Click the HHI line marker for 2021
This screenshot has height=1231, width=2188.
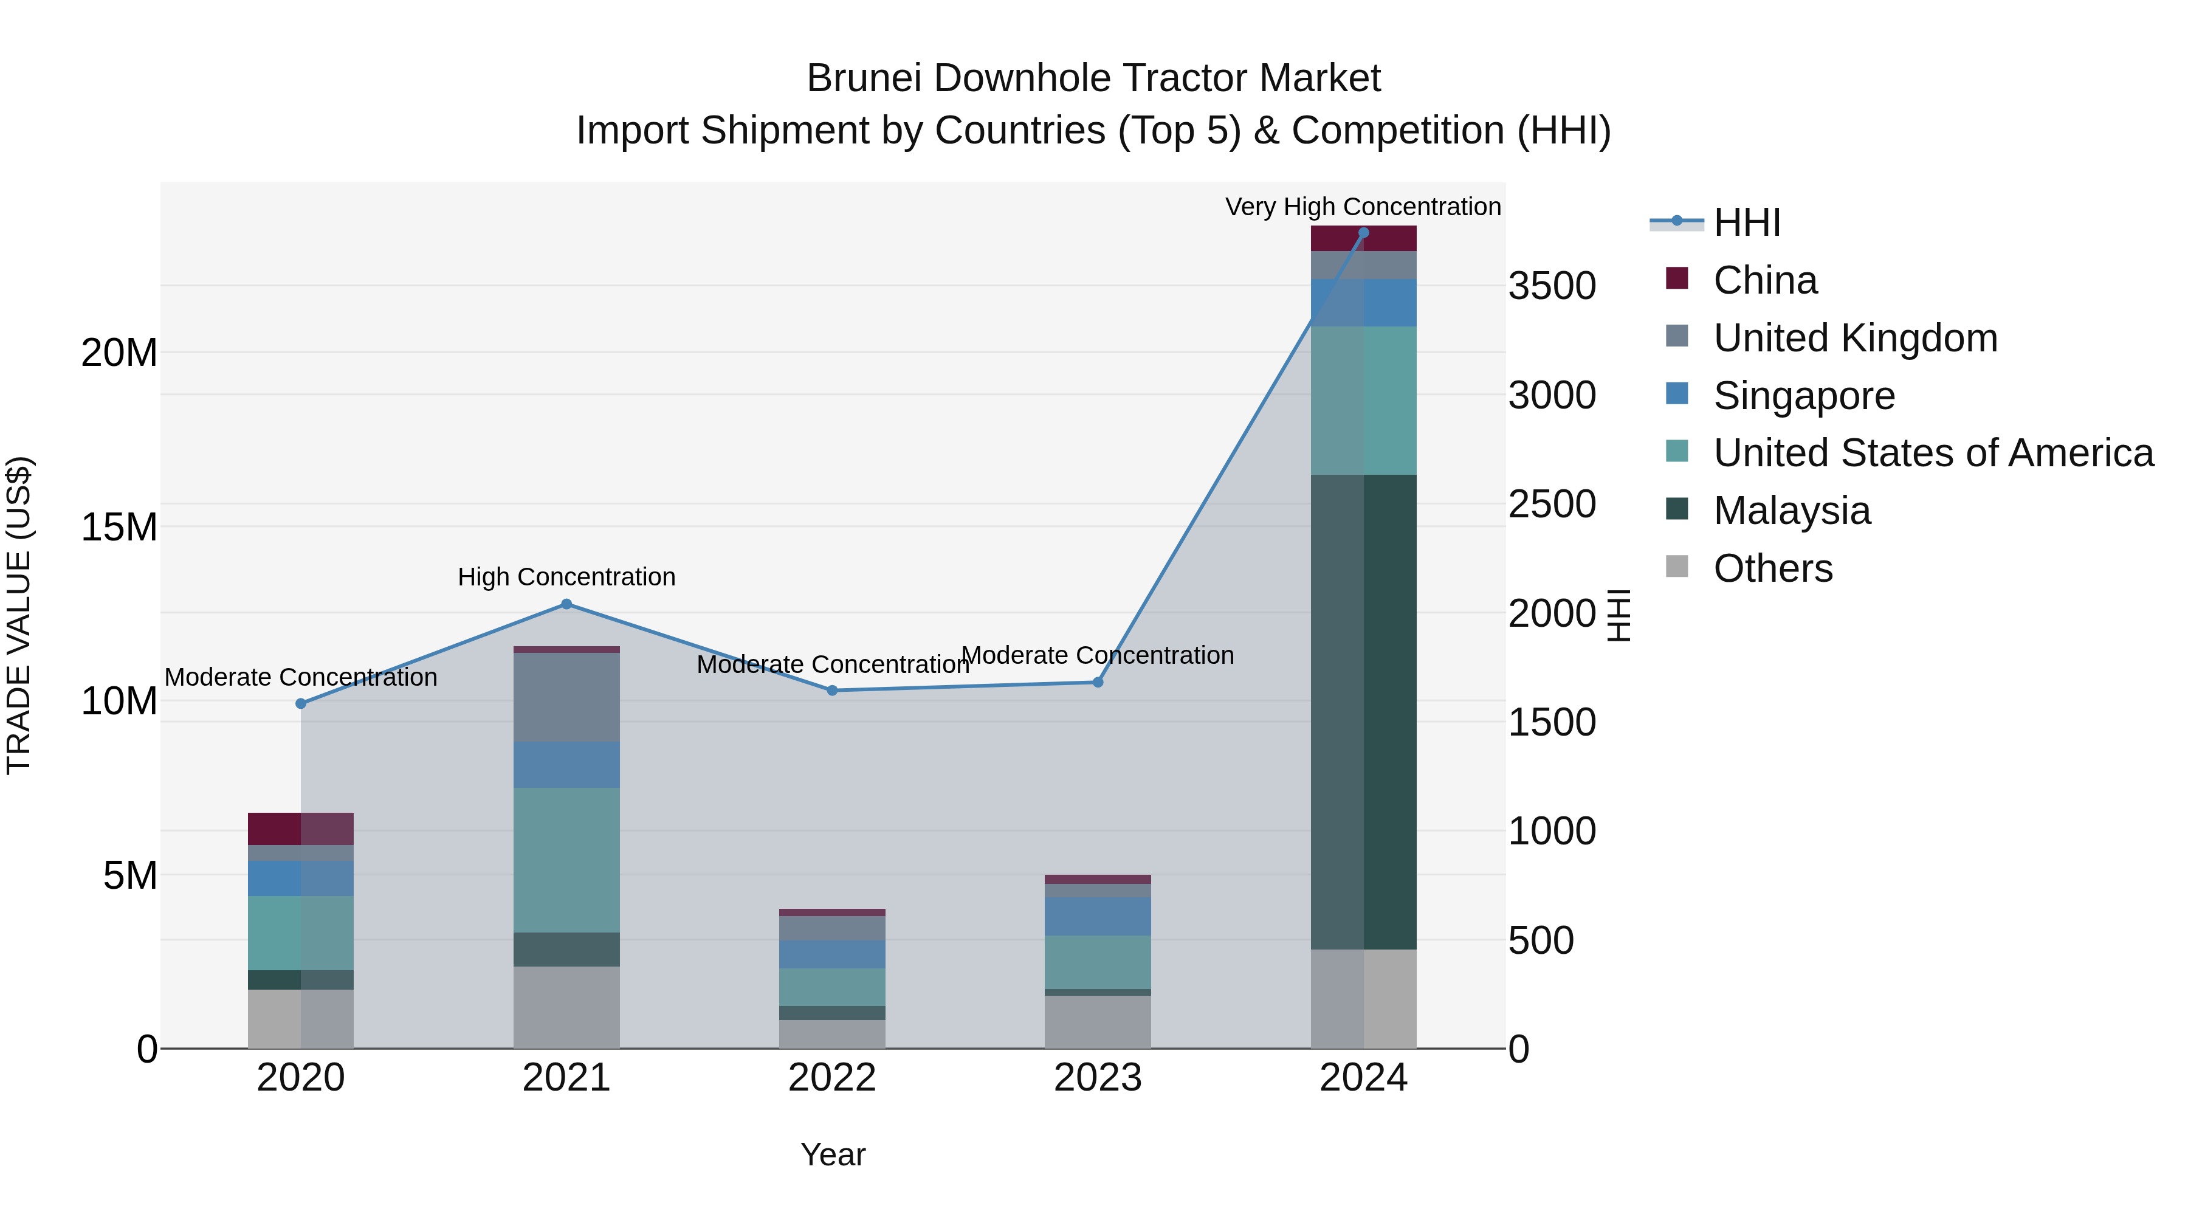point(566,604)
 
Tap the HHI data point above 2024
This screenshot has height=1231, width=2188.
point(1363,232)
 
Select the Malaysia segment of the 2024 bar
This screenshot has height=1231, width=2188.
point(1363,712)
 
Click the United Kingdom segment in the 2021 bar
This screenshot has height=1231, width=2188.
point(566,697)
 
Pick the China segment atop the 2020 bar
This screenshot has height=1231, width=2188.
point(301,829)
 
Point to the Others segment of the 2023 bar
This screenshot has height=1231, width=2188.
point(1098,1022)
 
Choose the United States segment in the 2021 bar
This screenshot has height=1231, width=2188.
point(566,860)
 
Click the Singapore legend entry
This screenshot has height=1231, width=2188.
point(1803,396)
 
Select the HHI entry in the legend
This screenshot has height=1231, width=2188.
point(1746,222)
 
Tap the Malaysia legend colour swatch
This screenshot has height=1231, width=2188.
point(1677,509)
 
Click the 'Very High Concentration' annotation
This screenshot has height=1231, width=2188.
point(1363,207)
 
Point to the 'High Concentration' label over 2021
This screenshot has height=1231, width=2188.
point(566,577)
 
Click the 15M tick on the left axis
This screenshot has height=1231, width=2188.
point(119,528)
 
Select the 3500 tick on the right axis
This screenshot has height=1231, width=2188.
point(1552,286)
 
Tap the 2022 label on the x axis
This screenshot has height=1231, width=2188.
point(831,1078)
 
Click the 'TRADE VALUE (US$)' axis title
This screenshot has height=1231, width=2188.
point(19,615)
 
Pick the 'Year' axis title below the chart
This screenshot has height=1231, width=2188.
point(833,1154)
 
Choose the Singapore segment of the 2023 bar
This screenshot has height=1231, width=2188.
point(1098,916)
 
